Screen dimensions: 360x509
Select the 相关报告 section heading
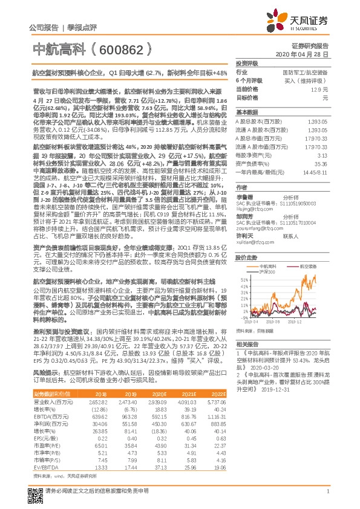(x=246, y=343)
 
